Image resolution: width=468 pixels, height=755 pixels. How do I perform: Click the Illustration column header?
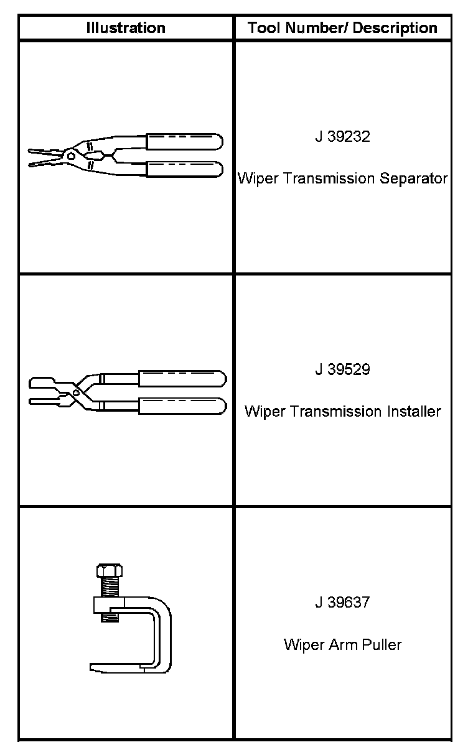coord(126,28)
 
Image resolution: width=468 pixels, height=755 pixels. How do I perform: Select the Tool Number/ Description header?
coord(342,28)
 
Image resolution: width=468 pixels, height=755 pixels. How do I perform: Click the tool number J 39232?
coord(342,137)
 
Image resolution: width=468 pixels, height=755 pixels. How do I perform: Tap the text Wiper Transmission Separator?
coord(342,179)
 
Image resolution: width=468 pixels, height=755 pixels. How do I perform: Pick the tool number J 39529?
coord(342,369)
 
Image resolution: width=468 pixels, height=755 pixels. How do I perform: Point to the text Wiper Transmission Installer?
coord(342,412)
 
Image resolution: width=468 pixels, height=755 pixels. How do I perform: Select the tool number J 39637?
coord(342,603)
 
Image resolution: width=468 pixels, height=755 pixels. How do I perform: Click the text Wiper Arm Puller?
coord(342,644)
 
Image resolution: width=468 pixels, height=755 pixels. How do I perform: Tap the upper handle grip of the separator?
coord(184,141)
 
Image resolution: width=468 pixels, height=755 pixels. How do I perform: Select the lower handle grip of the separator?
coord(184,169)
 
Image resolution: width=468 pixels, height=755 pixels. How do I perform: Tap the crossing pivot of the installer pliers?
coord(77,392)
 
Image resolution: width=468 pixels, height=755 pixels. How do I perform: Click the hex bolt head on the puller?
coord(110,570)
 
